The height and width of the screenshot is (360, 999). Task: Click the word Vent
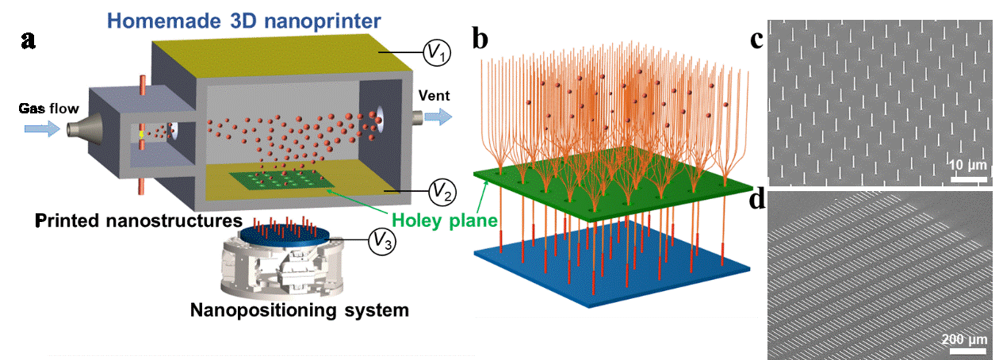pos(434,96)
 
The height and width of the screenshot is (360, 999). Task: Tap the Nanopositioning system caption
pos(300,310)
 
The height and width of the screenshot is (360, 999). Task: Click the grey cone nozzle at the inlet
pos(77,128)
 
